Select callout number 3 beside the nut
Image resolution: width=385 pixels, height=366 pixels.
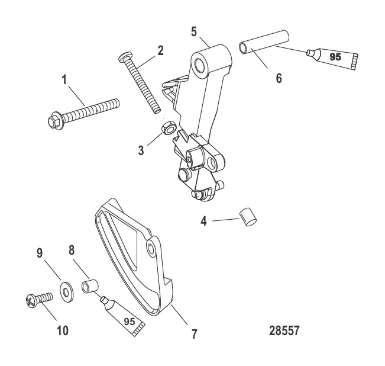(141, 150)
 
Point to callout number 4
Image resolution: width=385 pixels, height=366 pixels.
(203, 223)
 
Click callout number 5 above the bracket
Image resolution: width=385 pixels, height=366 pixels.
(193, 31)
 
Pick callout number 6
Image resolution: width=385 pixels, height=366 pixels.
(279, 77)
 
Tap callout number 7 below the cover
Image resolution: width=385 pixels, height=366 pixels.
(194, 335)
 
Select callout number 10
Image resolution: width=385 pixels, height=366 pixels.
(62, 330)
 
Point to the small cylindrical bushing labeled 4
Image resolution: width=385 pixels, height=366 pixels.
(247, 217)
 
